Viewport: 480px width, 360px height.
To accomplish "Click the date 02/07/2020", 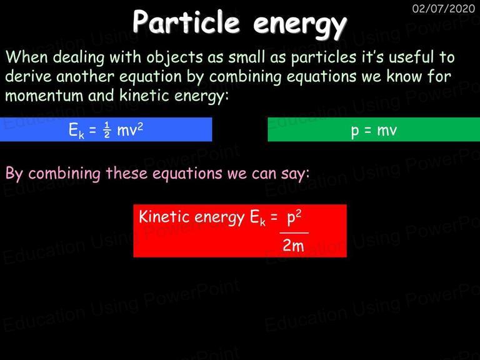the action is (443, 8).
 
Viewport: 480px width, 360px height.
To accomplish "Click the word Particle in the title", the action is (186, 22).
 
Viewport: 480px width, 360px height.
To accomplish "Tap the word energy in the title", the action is (300, 25).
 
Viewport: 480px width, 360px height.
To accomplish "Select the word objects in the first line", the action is (174, 58).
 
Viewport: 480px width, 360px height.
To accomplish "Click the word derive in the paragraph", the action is (29, 76).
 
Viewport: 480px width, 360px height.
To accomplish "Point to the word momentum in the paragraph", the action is (44, 96).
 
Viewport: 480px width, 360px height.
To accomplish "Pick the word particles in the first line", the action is (324, 58).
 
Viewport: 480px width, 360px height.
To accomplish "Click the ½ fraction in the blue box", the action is (107, 130).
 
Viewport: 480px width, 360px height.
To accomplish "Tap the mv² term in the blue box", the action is (130, 130).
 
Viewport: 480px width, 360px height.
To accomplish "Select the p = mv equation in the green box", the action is (374, 131).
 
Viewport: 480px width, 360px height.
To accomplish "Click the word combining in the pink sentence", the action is (64, 174).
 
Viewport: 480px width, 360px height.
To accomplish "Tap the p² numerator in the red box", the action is (294, 218).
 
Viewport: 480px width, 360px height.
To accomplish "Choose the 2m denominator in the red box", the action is (293, 246).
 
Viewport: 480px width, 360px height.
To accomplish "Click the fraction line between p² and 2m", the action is (294, 233).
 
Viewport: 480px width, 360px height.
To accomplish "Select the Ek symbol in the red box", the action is (257, 218).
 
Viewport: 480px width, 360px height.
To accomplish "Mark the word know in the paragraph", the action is (404, 76).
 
